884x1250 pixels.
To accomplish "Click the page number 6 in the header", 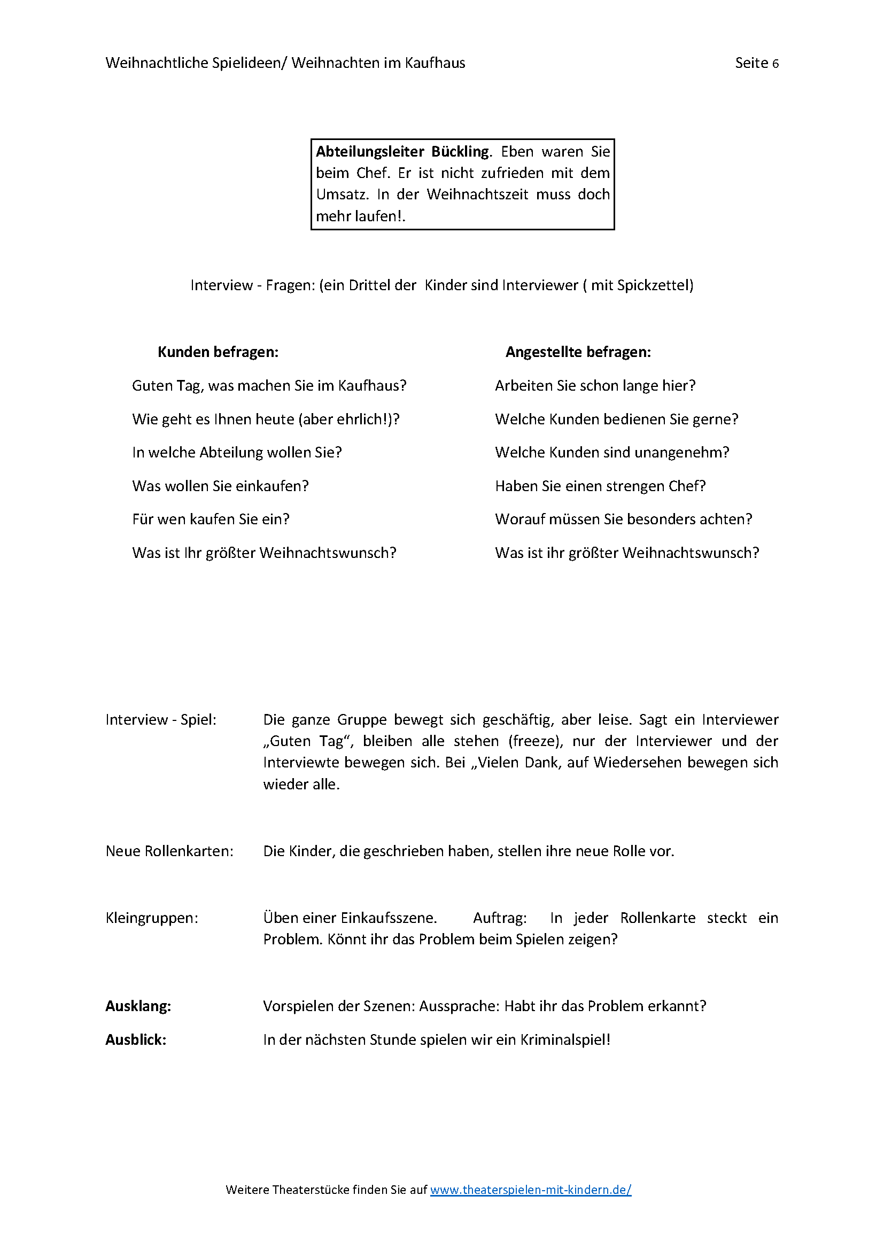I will click(775, 64).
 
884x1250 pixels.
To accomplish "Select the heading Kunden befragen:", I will click(218, 352).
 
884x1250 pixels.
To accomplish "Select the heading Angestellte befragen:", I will click(578, 352).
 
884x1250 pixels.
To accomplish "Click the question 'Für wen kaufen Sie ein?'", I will click(211, 519).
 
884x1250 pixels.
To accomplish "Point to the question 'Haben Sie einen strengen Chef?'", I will click(600, 486).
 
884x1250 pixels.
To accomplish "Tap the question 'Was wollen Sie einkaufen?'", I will click(220, 486).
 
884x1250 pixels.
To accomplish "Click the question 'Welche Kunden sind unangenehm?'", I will click(612, 453).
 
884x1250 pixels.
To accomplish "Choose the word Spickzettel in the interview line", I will click(653, 285).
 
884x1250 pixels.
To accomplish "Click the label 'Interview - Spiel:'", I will click(161, 720).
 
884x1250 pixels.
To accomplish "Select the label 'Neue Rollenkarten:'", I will click(169, 851).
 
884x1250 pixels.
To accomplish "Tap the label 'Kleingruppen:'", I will click(152, 918).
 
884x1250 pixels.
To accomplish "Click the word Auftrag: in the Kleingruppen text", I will click(500, 918).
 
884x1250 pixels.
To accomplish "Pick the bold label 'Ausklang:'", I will click(138, 1006).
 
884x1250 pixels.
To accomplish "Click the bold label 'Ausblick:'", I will click(136, 1040).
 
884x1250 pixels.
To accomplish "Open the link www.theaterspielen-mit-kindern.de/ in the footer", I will click(530, 1190).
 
